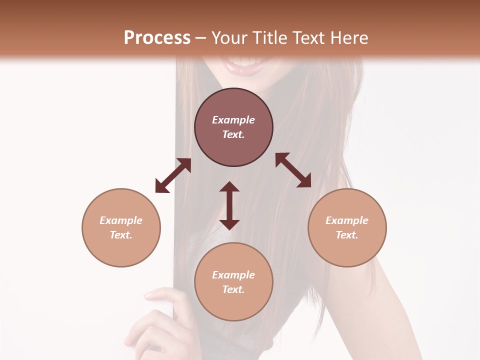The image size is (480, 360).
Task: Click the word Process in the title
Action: (157, 37)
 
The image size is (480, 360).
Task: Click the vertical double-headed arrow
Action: (229, 205)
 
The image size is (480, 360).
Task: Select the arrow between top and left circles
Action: (173, 175)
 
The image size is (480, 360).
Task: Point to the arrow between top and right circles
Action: (293, 170)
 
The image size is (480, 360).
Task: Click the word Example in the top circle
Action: (233, 120)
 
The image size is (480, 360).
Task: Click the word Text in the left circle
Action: (121, 235)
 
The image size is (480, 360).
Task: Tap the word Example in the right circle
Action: (347, 220)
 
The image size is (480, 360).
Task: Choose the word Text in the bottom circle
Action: (233, 289)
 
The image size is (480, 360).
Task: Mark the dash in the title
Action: (201, 38)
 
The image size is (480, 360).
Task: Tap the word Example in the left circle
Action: (121, 220)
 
